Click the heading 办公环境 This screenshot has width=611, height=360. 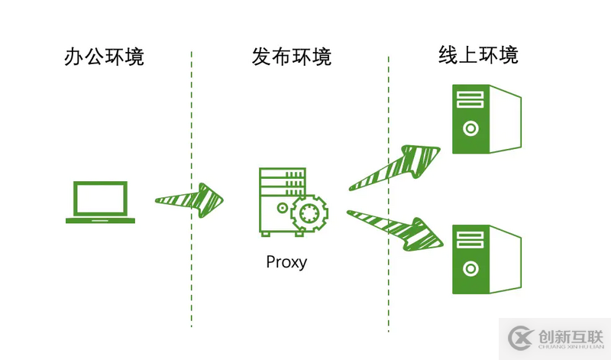point(104,57)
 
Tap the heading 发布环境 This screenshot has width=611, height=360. point(291,57)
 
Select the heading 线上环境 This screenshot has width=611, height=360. point(478,55)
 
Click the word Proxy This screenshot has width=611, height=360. point(286,262)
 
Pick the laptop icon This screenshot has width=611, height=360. point(100,202)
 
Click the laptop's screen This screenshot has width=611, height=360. point(100,198)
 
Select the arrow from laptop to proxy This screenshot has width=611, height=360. point(190,199)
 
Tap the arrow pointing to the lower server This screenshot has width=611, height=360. point(397,228)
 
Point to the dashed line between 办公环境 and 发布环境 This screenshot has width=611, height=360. point(192,191)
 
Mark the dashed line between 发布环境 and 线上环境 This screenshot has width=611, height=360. point(388,191)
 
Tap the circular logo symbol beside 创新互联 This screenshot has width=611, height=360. point(521,336)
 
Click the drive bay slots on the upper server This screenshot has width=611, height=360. point(470,99)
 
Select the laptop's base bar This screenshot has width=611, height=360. point(100,220)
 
